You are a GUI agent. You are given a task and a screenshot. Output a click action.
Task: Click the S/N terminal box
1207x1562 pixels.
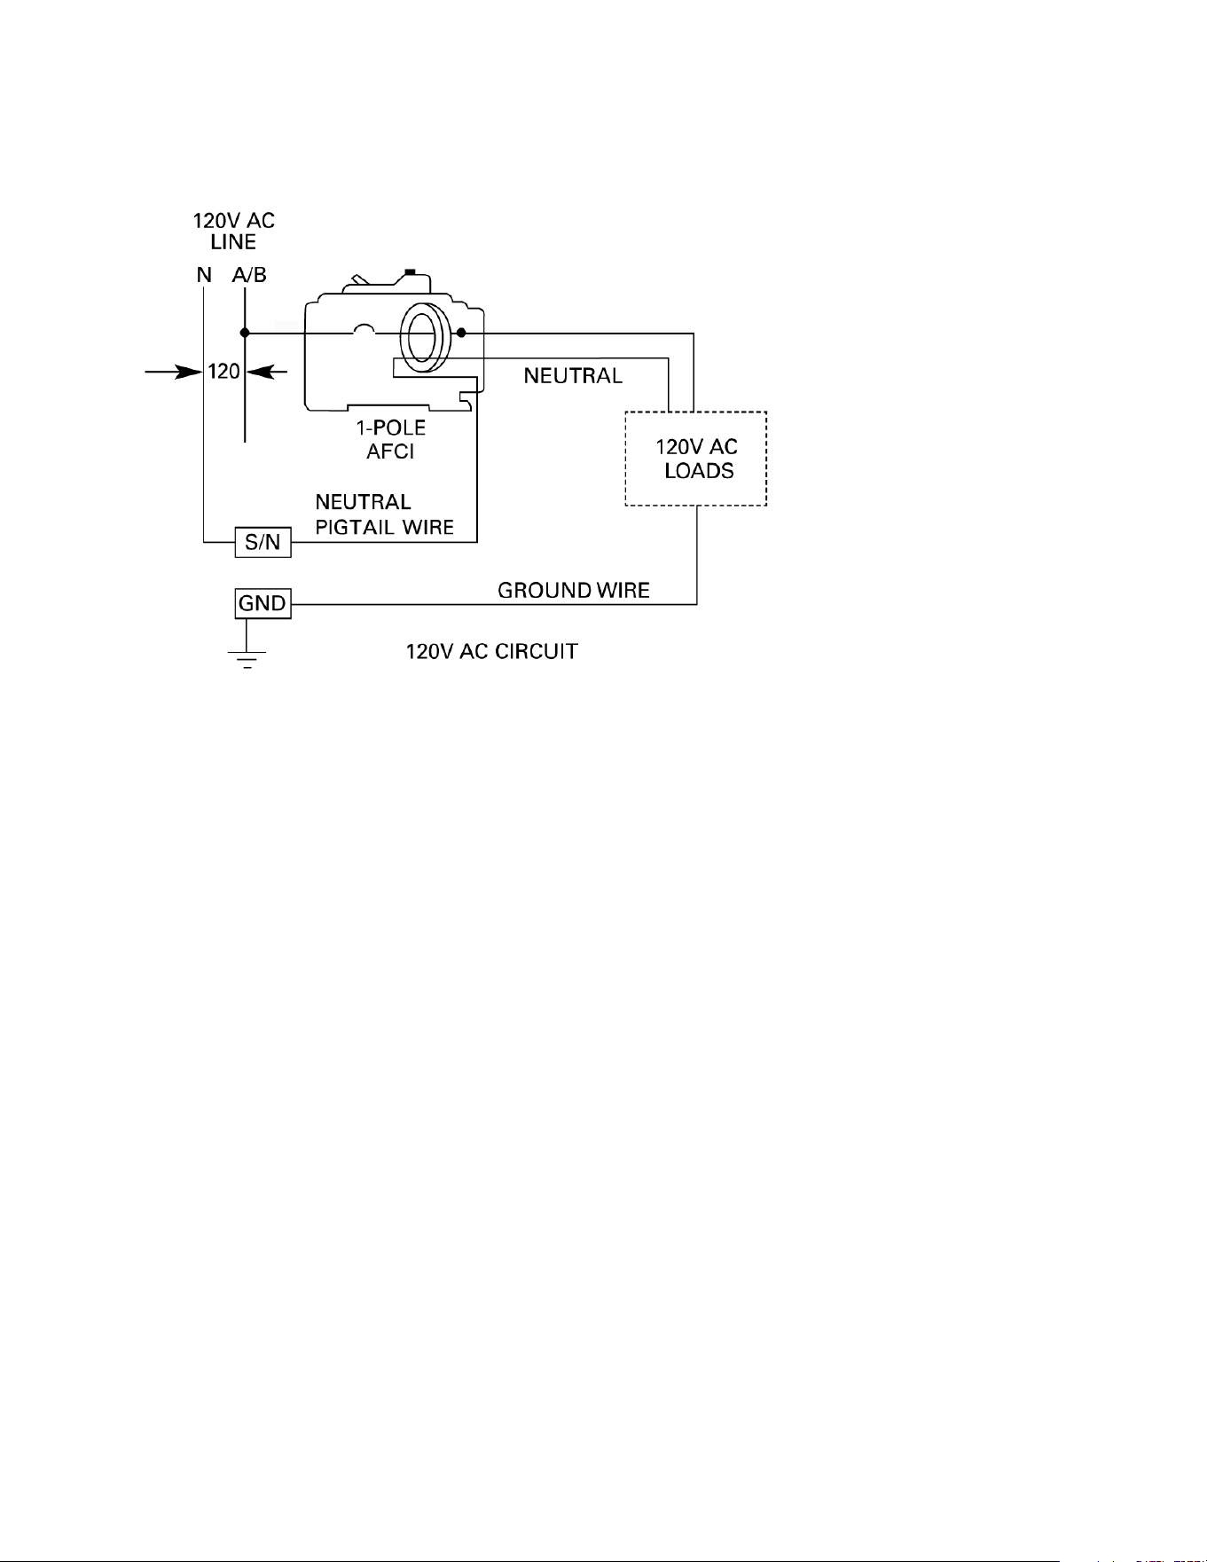pyautogui.click(x=263, y=542)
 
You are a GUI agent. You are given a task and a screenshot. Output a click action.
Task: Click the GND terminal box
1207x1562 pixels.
pyautogui.click(x=263, y=604)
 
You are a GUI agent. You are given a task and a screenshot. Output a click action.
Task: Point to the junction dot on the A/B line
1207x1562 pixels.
pyautogui.click(x=245, y=333)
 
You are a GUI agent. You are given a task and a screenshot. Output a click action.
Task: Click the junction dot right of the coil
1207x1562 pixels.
pyautogui.click(x=461, y=333)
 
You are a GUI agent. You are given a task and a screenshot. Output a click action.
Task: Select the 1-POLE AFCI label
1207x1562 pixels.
pyautogui.click(x=391, y=439)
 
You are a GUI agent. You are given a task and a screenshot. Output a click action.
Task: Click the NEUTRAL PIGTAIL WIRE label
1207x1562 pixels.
pyautogui.click(x=385, y=515)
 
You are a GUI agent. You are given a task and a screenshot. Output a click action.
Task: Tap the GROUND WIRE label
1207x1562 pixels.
pyautogui.click(x=574, y=590)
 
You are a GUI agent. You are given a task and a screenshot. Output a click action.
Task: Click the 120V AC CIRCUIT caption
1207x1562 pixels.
pyautogui.click(x=492, y=652)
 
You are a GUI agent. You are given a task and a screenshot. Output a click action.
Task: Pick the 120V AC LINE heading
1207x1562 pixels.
pyautogui.click(x=234, y=231)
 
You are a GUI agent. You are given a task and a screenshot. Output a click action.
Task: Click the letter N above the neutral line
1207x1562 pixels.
pyautogui.click(x=204, y=275)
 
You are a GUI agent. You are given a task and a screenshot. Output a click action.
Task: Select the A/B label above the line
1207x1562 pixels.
pyautogui.click(x=249, y=275)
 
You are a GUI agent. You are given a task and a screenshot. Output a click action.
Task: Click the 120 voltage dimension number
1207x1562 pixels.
pyautogui.click(x=224, y=372)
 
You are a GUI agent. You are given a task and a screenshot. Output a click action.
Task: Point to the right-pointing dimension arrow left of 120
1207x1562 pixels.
pyautogui.click(x=174, y=373)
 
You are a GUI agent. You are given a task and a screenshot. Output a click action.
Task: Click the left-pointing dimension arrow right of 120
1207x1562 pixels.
pyautogui.click(x=267, y=373)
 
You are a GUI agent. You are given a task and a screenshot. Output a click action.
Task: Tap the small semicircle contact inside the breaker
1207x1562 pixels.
pyautogui.click(x=364, y=328)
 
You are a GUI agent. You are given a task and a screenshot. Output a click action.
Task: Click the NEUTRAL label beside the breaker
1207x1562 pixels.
pyautogui.click(x=573, y=376)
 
